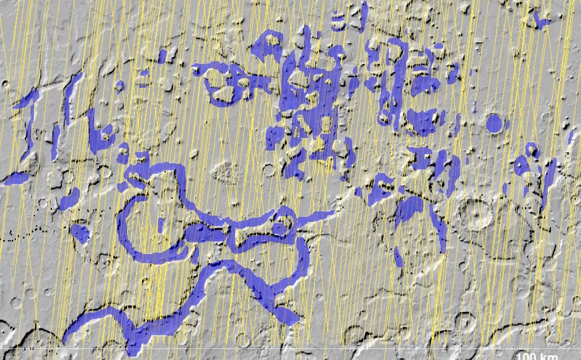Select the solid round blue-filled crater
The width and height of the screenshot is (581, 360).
pos(494,123)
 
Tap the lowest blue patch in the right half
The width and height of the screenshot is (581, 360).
pos(398,257)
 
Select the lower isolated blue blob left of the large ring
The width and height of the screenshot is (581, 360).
pos(80,233)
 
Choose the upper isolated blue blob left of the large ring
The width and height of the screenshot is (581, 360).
pos(69,201)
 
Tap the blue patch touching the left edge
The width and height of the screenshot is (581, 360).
pos(16,178)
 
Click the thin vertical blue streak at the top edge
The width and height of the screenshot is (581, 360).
pos(364,16)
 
